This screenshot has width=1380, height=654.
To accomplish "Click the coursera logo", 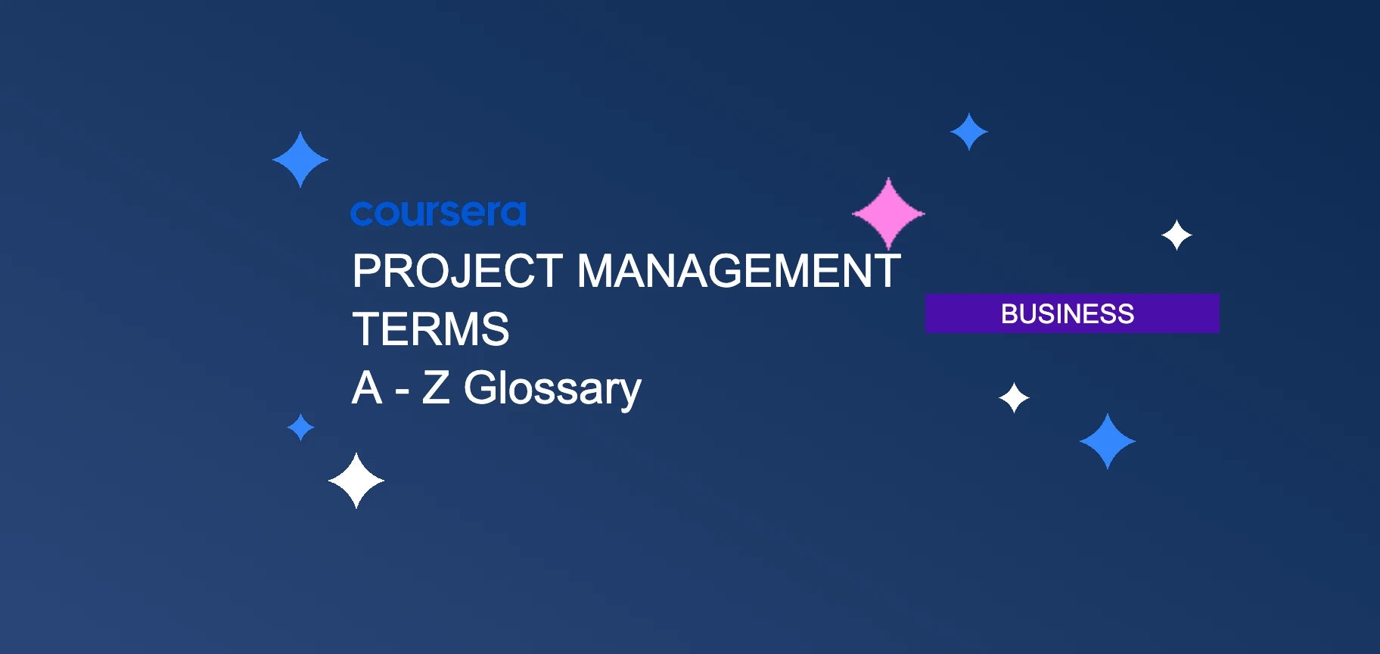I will click(438, 213).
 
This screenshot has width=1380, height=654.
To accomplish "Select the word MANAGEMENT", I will click(738, 271).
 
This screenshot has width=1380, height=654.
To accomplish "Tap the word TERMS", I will click(430, 329).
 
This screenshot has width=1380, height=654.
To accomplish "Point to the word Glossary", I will click(552, 389).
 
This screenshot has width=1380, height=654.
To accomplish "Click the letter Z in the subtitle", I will click(435, 388).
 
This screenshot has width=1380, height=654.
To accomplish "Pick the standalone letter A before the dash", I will click(367, 388).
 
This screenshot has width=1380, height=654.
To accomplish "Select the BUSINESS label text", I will click(1067, 313).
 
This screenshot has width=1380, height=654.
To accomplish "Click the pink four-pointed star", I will click(888, 214).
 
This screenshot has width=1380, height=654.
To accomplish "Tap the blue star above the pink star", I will click(969, 132).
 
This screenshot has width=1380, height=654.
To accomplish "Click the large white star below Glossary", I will click(356, 481).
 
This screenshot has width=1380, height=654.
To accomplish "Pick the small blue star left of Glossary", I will click(301, 427).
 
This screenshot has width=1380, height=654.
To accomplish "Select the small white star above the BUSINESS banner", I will click(1176, 235).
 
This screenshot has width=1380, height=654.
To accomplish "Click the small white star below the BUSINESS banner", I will click(1014, 397).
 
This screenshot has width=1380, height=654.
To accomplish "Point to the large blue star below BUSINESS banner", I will click(1108, 441).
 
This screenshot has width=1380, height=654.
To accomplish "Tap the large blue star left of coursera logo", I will click(300, 160).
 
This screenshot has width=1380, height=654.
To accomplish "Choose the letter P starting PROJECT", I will click(367, 271).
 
